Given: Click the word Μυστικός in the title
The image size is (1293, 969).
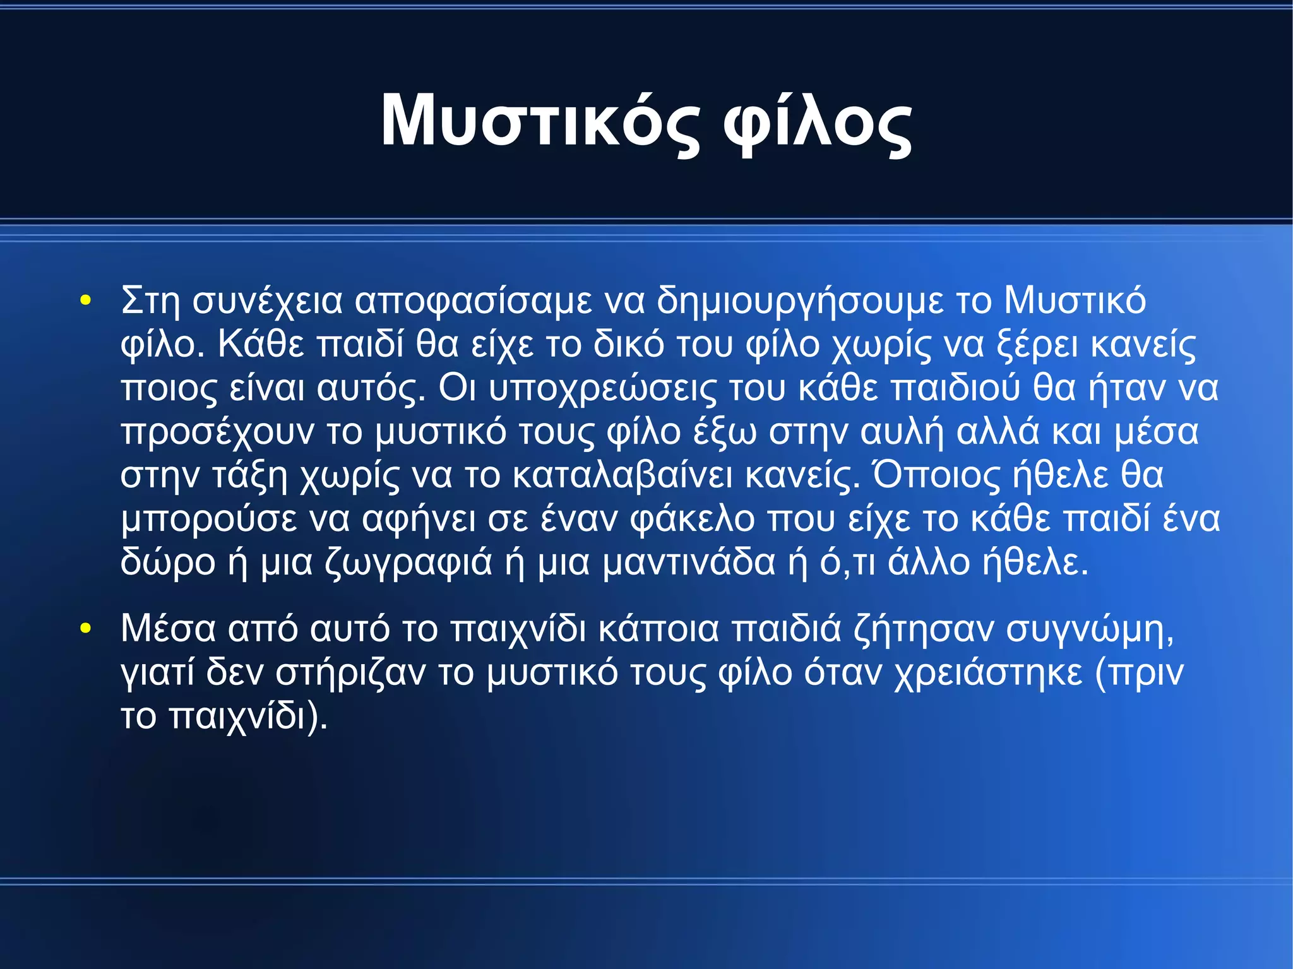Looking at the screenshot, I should click(540, 121).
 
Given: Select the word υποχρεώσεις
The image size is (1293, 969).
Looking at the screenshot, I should click(603, 388).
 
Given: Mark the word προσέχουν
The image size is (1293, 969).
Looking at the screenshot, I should click(218, 432).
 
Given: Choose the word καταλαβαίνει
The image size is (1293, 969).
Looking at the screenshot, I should click(623, 475).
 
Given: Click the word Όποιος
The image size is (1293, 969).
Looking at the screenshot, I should click(936, 475).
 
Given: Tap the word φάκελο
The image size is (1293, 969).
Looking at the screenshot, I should click(693, 520).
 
